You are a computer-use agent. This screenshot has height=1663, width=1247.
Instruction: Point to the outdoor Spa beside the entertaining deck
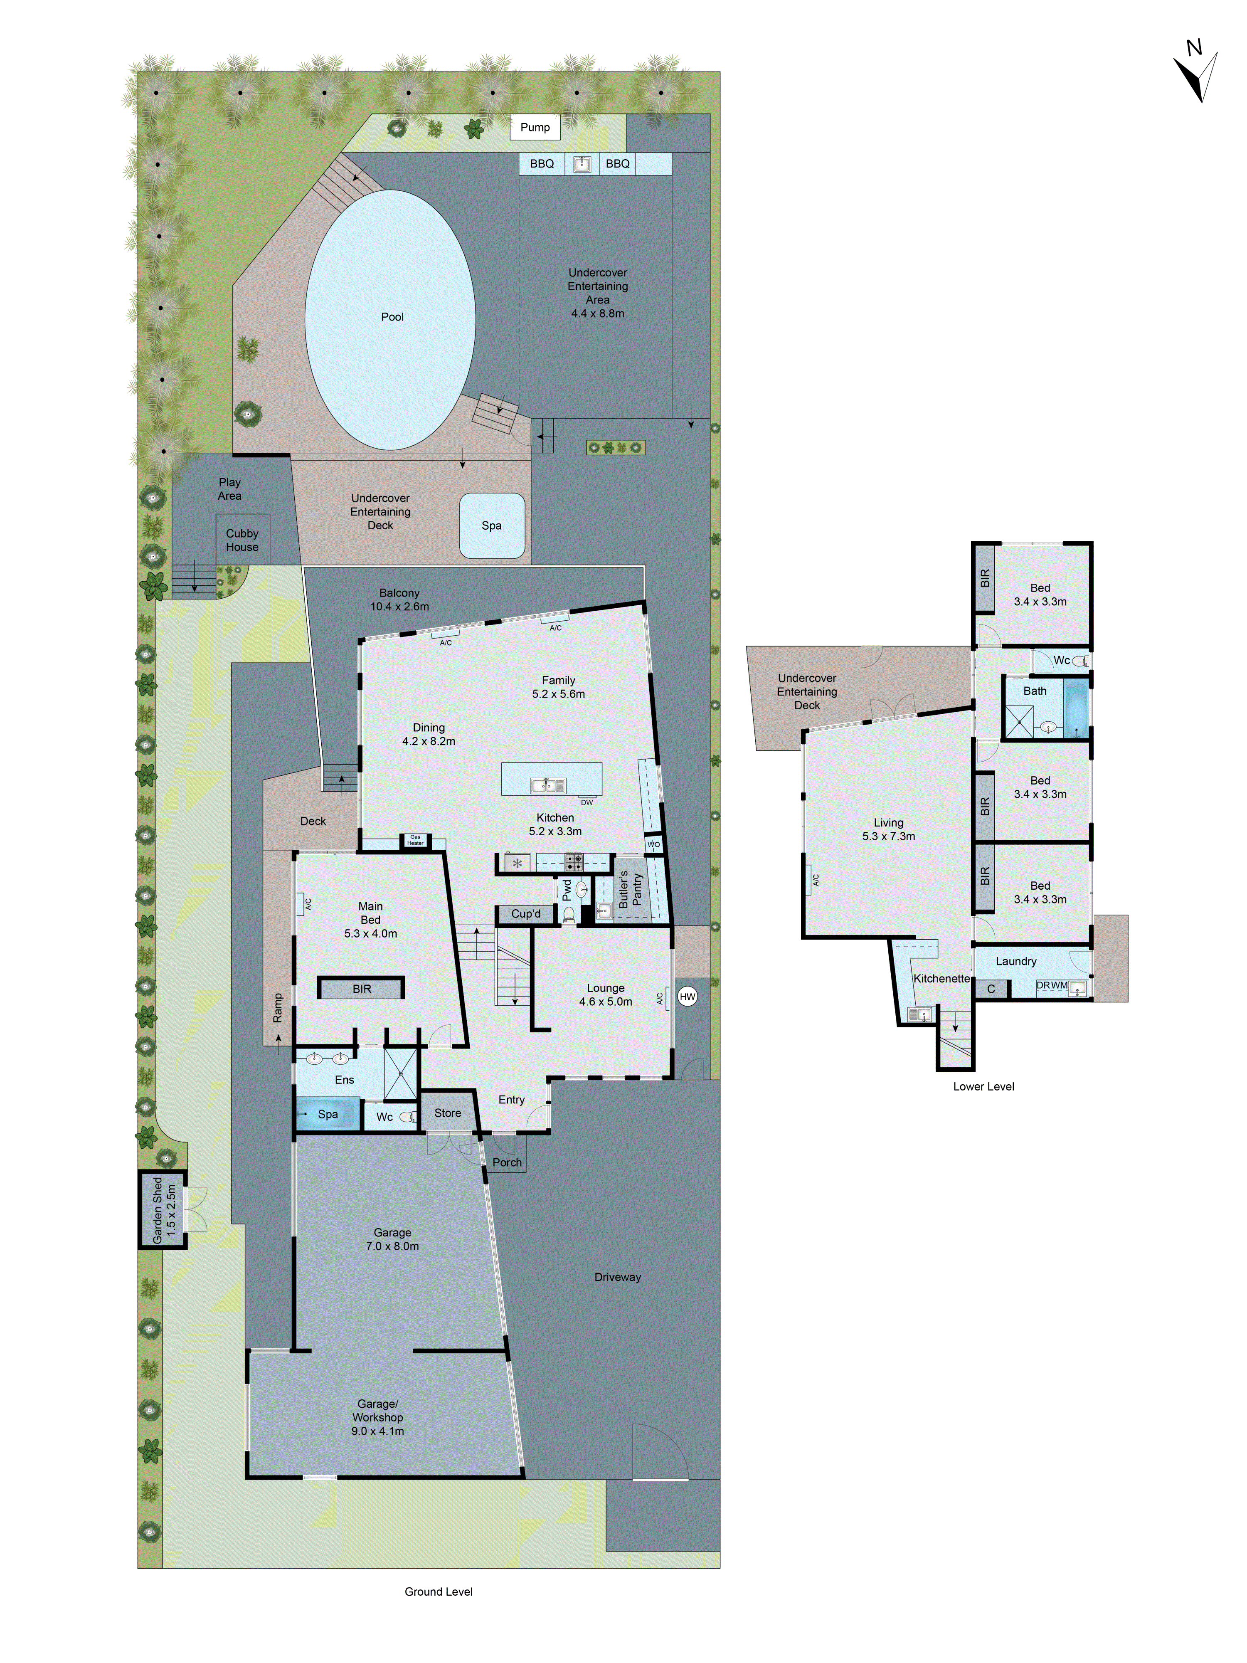492,526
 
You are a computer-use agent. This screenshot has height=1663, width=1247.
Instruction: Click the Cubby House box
242,540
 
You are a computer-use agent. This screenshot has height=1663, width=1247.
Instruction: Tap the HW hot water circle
687,996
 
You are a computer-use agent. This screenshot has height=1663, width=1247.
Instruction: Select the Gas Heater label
415,840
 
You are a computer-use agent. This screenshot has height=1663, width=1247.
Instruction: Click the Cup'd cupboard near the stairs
525,913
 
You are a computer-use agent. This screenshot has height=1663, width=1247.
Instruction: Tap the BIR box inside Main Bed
362,988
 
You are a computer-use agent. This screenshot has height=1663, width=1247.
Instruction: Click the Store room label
447,1113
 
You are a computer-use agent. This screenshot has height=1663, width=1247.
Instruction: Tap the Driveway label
617,1277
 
